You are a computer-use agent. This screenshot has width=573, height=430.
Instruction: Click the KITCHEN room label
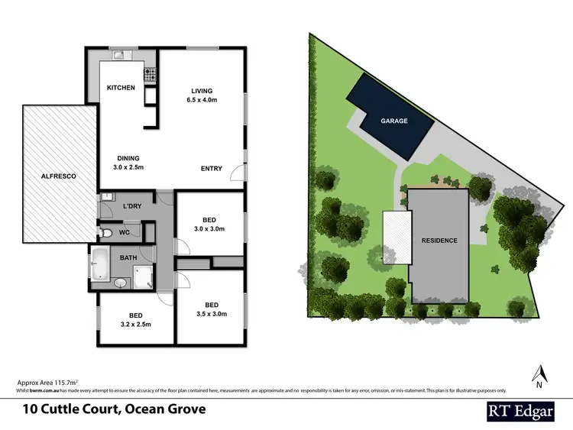click(121, 88)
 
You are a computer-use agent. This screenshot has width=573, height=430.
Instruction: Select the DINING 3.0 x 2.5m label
click(128, 163)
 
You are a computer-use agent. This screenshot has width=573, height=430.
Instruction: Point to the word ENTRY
click(212, 169)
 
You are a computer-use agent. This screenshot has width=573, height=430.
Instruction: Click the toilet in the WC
click(107, 233)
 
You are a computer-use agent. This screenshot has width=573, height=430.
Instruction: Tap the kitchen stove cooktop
click(151, 75)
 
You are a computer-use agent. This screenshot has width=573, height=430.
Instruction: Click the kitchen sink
click(121, 54)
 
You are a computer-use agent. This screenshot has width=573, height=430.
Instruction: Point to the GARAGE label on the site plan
click(395, 121)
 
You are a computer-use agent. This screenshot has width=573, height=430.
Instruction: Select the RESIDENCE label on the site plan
click(439, 241)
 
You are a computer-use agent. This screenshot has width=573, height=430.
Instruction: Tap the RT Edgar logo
click(521, 410)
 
